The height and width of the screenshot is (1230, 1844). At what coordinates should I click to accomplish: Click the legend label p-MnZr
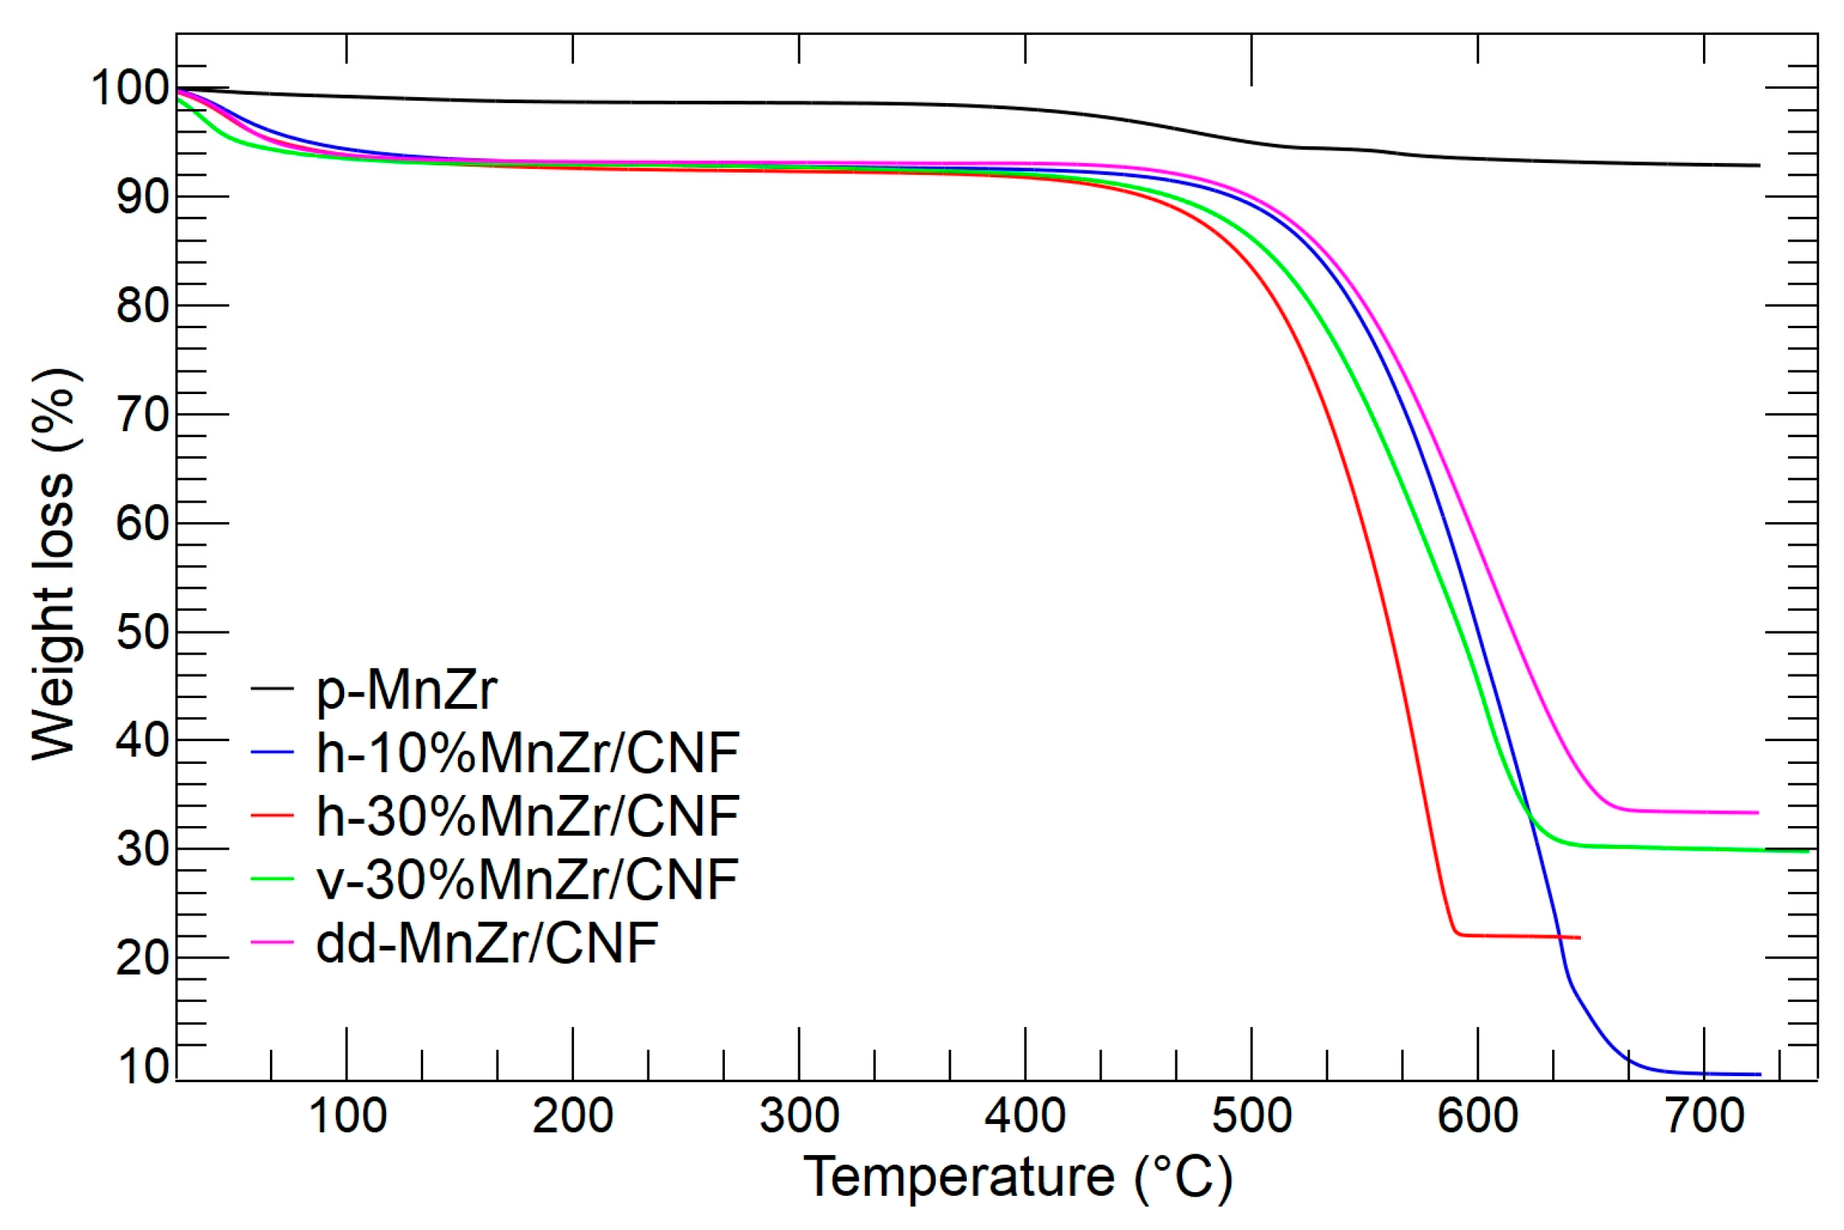click(406, 690)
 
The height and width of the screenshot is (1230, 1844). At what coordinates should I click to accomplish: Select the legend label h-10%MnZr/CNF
click(526, 753)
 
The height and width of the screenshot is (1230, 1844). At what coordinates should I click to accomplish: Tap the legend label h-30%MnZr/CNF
click(526, 815)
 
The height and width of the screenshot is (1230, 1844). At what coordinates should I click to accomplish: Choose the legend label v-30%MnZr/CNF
click(526, 879)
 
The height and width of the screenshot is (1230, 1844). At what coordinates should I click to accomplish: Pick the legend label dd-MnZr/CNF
click(486, 942)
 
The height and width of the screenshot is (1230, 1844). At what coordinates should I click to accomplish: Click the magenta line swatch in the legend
click(272, 942)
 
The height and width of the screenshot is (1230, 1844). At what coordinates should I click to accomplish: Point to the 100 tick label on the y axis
click(130, 87)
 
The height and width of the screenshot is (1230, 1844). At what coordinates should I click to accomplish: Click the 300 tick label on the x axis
click(799, 1116)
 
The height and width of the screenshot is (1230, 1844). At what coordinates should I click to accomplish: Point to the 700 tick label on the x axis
click(1704, 1116)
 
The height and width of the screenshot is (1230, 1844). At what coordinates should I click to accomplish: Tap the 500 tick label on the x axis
click(1251, 1116)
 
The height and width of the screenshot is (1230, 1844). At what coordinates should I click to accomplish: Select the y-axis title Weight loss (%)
click(55, 565)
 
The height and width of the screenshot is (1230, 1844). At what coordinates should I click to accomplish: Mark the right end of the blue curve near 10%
click(1760, 1074)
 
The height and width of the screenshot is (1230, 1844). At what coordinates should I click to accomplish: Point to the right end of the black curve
click(1759, 165)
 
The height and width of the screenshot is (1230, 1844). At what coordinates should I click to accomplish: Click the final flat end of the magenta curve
click(1758, 812)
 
